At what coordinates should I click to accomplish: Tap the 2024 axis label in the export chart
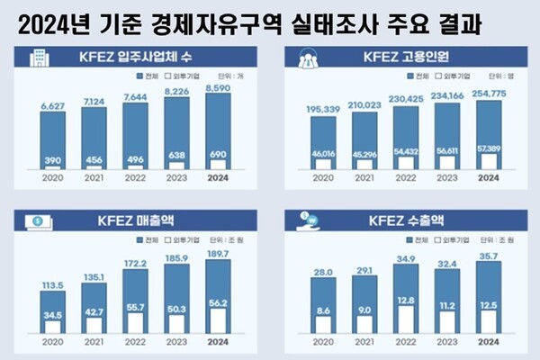tap(488, 342)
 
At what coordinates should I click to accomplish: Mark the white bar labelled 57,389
tap(488, 160)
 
